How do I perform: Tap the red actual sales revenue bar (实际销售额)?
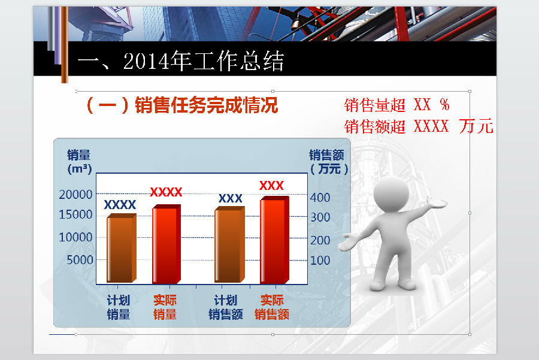[x=274, y=240]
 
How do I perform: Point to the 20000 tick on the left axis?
[x=76, y=194]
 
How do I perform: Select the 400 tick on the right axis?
[x=320, y=197]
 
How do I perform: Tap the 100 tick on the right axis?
[x=320, y=260]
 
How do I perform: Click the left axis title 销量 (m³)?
[x=79, y=162]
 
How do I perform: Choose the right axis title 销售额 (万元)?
[x=329, y=162]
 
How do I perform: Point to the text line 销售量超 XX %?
[x=396, y=105]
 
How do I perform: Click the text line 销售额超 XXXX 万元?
[x=419, y=126]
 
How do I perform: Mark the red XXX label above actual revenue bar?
[x=271, y=186]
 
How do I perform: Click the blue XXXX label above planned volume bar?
[x=120, y=205]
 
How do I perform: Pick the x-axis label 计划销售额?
[x=226, y=307]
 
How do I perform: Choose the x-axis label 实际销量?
[x=165, y=307]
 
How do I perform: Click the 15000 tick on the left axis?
[x=76, y=214]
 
